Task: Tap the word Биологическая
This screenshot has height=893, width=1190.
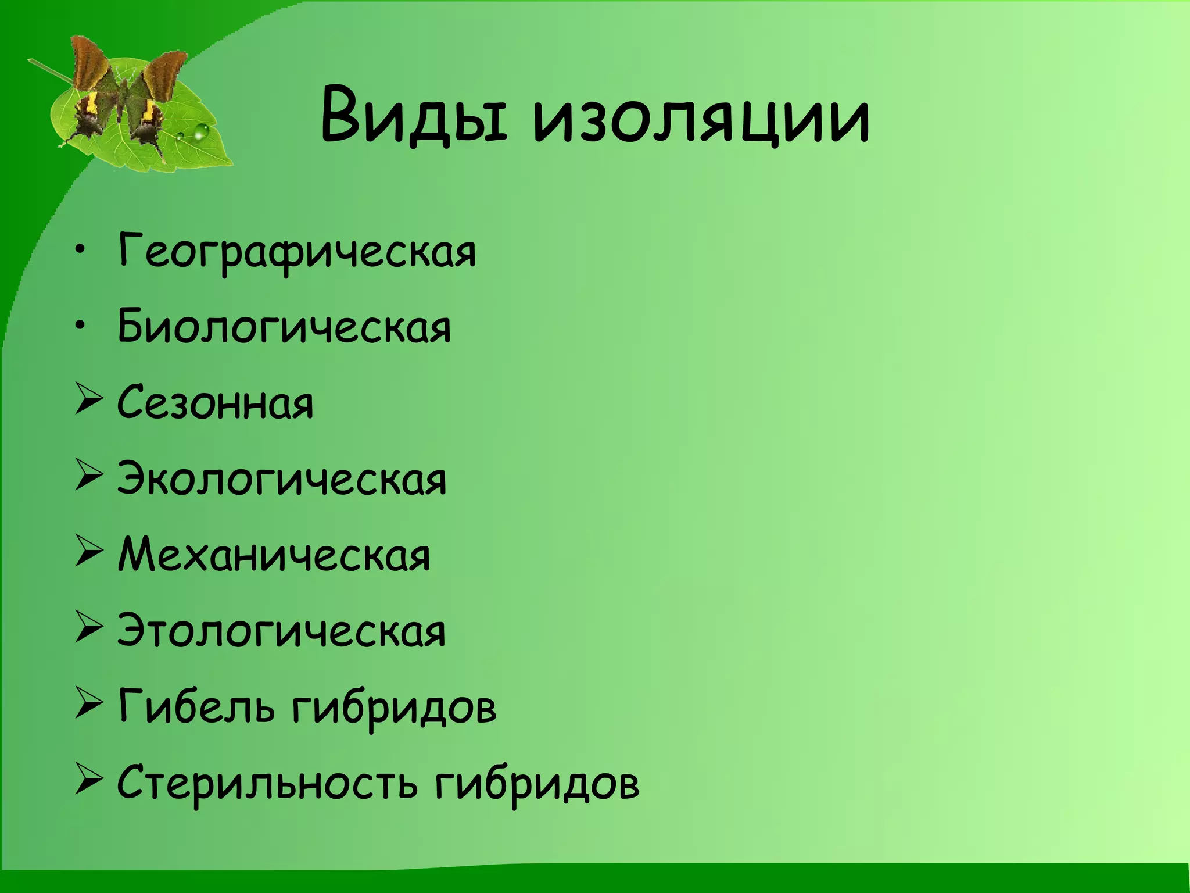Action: [x=284, y=327]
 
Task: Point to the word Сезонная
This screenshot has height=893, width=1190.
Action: [x=216, y=403]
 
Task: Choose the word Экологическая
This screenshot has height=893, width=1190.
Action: [x=282, y=479]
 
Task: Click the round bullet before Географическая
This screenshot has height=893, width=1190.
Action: [x=81, y=251]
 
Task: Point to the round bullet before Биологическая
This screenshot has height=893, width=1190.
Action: [x=81, y=327]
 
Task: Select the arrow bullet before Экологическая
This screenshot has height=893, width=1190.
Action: [x=89, y=478]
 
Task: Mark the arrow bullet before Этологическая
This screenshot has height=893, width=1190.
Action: [x=89, y=631]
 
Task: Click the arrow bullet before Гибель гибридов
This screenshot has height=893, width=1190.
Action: [x=89, y=706]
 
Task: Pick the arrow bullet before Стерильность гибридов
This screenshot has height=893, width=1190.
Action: [x=89, y=783]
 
